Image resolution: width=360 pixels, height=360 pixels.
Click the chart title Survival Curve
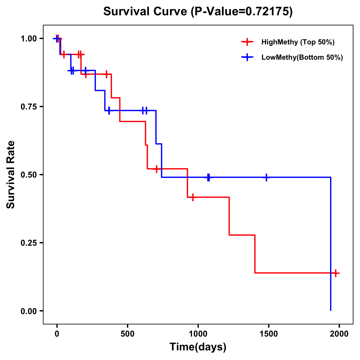click(x=146, y=11)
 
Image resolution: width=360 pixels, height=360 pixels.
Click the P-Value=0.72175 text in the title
click(x=242, y=11)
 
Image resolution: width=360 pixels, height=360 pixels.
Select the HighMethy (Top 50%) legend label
click(x=298, y=42)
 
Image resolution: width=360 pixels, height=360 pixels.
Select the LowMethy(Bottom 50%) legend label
click(x=302, y=57)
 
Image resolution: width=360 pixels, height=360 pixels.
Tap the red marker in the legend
click(x=247, y=42)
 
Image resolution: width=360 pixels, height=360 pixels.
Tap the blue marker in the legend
click(x=247, y=57)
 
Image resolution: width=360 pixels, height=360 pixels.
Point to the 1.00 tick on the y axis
click(x=28, y=38)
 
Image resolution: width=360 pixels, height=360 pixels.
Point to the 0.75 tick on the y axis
click(x=28, y=106)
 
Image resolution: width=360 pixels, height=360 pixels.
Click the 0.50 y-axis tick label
click(x=28, y=175)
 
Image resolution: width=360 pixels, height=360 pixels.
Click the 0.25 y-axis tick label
click(x=28, y=243)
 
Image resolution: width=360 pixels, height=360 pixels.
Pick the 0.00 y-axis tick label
click(x=28, y=311)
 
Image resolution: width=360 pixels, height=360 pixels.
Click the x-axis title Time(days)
click(x=198, y=347)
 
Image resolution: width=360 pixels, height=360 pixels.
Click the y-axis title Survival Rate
click(x=11, y=175)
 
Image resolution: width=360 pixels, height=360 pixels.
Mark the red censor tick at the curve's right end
click(x=336, y=273)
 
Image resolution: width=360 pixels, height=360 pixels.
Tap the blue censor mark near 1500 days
click(x=266, y=177)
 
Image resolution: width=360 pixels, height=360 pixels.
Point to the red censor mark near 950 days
click(x=193, y=197)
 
